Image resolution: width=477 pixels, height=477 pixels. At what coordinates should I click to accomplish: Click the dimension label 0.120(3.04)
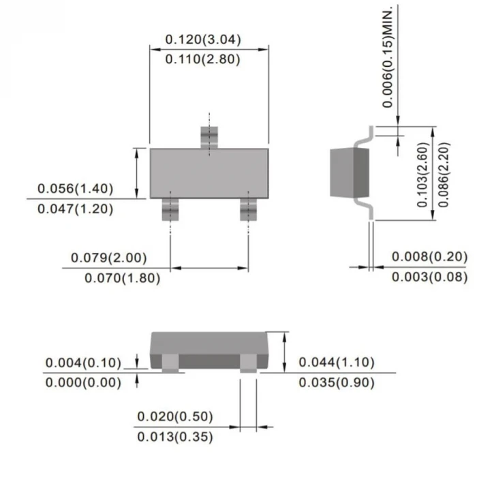pos(203,40)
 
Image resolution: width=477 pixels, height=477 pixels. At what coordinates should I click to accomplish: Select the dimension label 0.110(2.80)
pos(203,59)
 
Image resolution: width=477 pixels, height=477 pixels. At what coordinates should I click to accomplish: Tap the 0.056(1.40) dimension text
pos(75,189)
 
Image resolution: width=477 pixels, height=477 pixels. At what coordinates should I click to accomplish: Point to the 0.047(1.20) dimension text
pos(75,209)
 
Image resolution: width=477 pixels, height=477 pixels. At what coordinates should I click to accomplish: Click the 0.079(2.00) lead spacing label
pos(109,258)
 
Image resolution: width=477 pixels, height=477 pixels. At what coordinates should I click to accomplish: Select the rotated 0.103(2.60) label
pos(422,175)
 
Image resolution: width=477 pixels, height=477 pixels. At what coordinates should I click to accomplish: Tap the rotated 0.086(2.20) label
pos(444,175)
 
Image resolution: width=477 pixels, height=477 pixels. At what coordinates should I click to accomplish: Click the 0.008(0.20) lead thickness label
pos(430,257)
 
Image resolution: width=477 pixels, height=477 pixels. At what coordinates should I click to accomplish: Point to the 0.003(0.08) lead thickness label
pos(430,277)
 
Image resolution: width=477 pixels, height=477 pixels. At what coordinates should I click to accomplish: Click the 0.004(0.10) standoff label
pos(83,363)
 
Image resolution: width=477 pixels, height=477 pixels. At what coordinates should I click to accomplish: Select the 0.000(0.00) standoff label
pos(83,383)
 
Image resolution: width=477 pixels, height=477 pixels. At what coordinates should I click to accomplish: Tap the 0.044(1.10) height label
pos(337,363)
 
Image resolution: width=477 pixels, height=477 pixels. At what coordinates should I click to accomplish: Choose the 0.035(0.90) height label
pos(337,383)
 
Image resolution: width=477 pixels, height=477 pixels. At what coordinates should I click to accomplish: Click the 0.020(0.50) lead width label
pos(175,416)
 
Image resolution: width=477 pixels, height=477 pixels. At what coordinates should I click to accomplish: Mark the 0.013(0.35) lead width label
pos(175,437)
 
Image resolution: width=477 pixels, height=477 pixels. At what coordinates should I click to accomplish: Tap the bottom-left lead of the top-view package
pos(169,209)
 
